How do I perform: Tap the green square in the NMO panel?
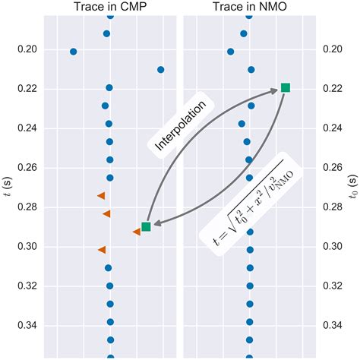(x=286, y=88)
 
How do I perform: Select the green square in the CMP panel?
(x=146, y=226)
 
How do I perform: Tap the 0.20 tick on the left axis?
(x=25, y=49)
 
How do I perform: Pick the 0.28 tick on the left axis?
(x=25, y=207)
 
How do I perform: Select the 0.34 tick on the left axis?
(x=25, y=325)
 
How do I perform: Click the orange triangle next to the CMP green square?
(x=136, y=232)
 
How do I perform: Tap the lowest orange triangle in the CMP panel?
(x=103, y=249)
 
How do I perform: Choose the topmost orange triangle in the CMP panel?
(x=101, y=196)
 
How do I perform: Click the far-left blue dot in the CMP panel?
(x=73, y=52)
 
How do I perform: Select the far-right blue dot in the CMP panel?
(x=160, y=70)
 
